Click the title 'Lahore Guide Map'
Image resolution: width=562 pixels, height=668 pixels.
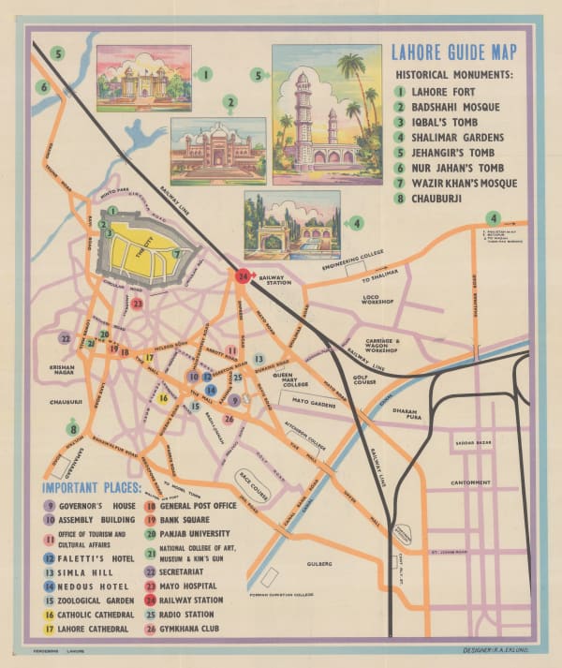pos(454,53)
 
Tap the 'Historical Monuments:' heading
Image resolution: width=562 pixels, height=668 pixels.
pos(454,74)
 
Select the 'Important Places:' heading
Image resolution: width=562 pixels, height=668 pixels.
pos(91,487)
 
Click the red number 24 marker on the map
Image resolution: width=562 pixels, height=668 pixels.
pos(243,276)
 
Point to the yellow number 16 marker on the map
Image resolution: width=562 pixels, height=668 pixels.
pos(163,398)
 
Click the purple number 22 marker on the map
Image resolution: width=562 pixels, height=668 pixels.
pos(65,338)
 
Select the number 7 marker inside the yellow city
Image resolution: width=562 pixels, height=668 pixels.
pos(175,254)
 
